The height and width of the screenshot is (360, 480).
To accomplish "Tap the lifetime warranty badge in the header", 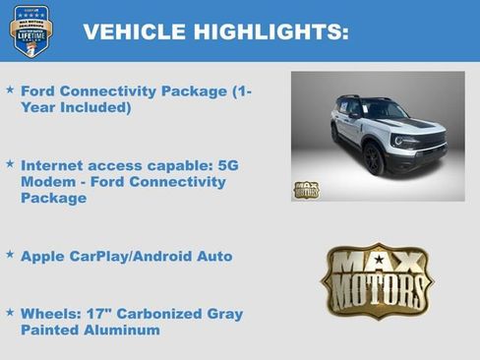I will [x=30, y=30].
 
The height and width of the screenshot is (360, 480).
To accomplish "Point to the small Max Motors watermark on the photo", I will [x=306, y=189].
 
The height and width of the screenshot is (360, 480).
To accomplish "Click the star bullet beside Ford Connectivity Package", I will [x=10, y=90].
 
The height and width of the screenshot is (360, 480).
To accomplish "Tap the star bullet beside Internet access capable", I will [x=10, y=164].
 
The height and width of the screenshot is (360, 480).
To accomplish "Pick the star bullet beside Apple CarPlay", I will [x=10, y=254].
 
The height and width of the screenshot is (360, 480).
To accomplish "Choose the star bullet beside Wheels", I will [x=10, y=312].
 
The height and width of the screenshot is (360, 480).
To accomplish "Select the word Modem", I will [x=46, y=182].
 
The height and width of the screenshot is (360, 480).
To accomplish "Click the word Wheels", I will [x=50, y=315].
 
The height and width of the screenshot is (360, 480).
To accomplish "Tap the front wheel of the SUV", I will [x=374, y=158].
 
